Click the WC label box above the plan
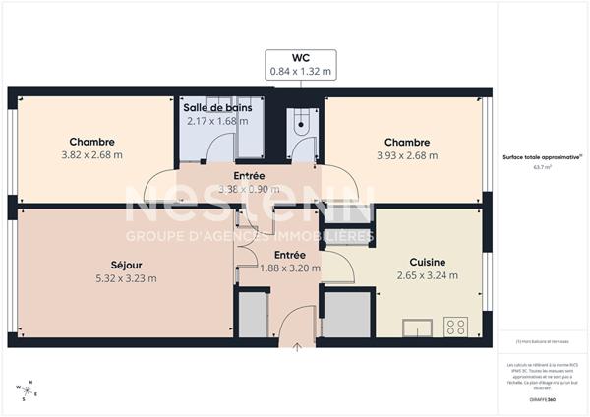(x=302, y=64)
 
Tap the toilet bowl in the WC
(x=301, y=124)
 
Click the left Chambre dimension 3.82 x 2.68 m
(x=91, y=154)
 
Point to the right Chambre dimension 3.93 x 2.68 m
(x=406, y=154)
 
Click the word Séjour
(x=125, y=264)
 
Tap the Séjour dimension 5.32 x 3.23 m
(x=125, y=277)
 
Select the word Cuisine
(x=428, y=262)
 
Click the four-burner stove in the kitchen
(x=455, y=325)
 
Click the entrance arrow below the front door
(x=298, y=346)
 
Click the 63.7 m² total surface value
(x=541, y=168)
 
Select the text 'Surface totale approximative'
(x=540, y=157)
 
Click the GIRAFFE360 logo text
(x=541, y=400)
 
